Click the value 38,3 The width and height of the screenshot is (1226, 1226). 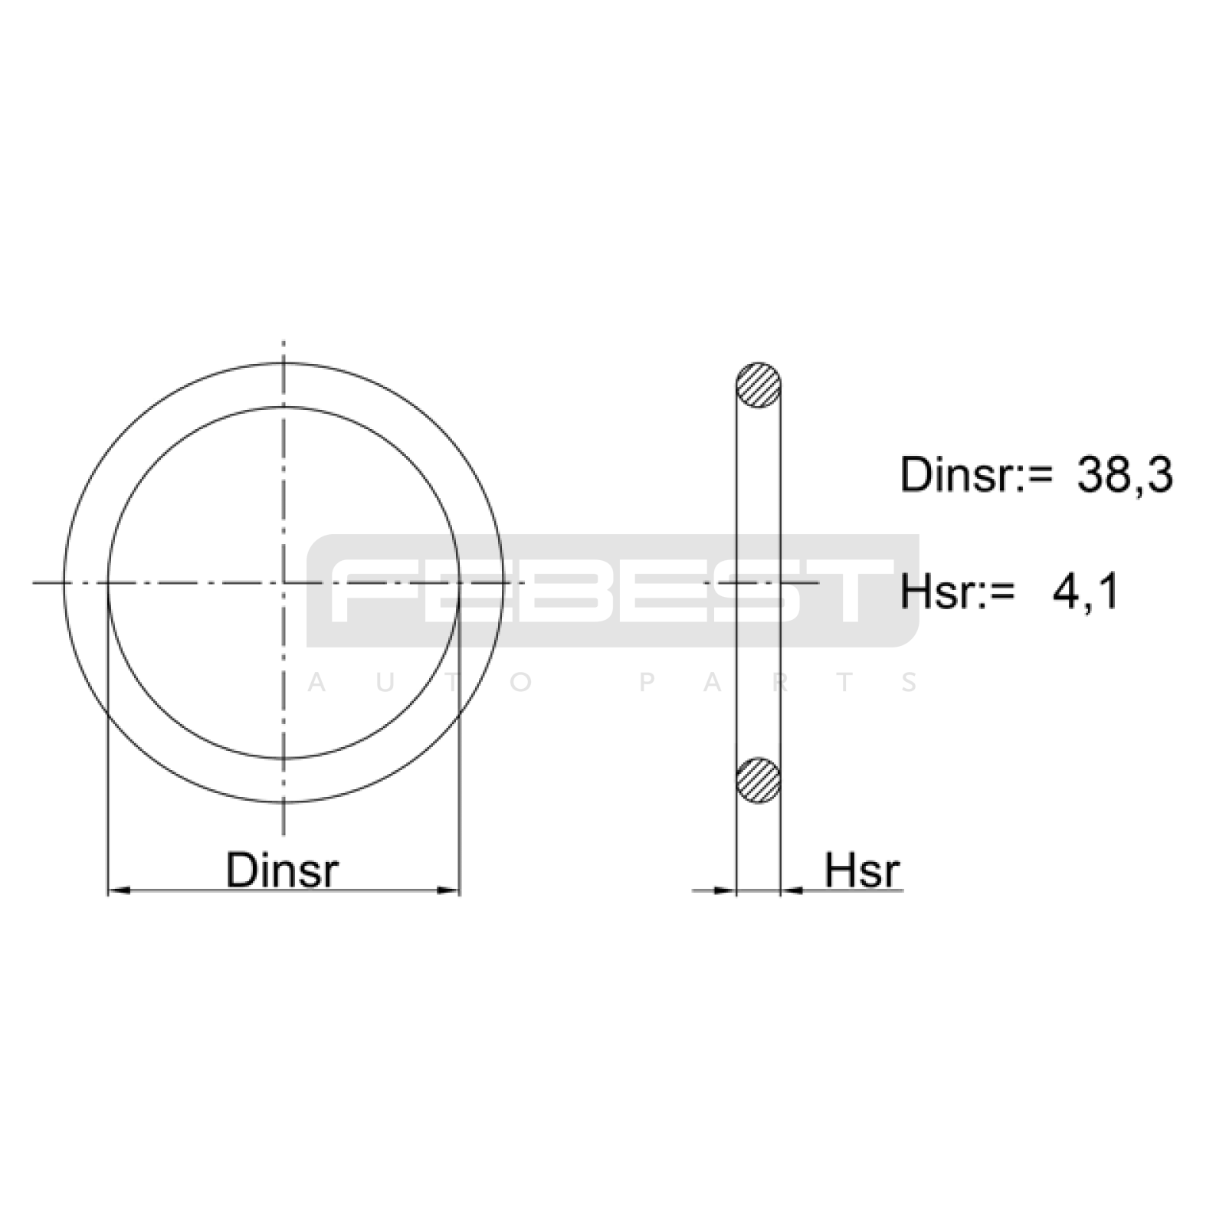click(1125, 475)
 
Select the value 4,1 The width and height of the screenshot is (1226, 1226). click(1085, 592)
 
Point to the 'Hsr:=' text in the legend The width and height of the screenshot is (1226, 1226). click(957, 592)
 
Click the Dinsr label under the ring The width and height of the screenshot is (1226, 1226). click(282, 870)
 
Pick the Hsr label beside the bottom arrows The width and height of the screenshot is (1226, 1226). click(862, 870)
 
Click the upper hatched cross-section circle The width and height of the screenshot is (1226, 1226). click(759, 385)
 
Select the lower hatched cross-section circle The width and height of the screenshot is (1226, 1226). click(759, 781)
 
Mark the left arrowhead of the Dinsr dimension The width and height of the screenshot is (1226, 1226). click(119, 890)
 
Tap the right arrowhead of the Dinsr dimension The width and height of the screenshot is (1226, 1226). click(448, 890)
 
